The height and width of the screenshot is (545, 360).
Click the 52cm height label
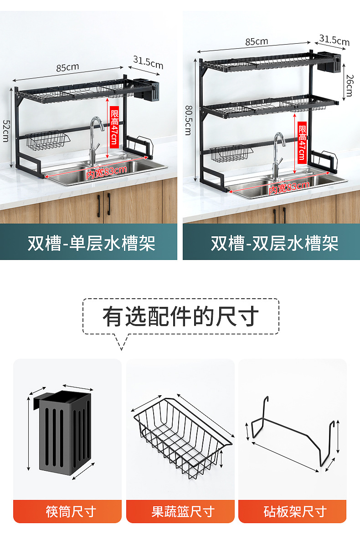pos(6,131)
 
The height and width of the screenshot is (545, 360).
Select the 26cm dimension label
pos(349,85)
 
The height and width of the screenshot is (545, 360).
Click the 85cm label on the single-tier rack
pos(67,67)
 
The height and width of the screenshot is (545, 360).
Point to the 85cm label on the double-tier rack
pos(257,41)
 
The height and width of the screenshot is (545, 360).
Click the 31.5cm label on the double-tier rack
pos(334,40)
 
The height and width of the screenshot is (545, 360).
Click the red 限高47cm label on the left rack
pos(114,127)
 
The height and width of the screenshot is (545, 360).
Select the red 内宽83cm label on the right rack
pos(289,187)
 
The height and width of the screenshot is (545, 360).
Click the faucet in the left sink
pos(95,139)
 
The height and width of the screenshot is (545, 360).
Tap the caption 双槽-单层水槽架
pos(91,244)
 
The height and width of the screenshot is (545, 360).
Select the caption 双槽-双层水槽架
pos(274,244)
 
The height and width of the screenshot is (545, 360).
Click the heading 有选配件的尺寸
pos(180,316)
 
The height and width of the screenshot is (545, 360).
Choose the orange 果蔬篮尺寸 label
pos(180,511)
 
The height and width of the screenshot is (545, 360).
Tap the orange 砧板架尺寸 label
pos(293,511)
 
